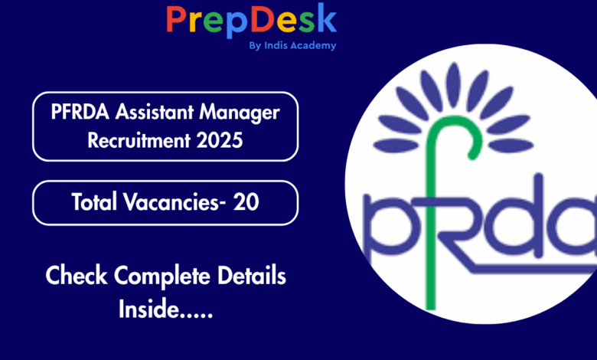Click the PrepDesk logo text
pyautogui.click(x=251, y=20)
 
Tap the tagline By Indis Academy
pyautogui.click(x=293, y=46)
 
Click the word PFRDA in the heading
pyautogui.click(x=80, y=112)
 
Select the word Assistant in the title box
pyautogui.click(x=155, y=112)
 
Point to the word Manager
pyautogui.click(x=240, y=113)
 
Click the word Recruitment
pyautogui.click(x=139, y=140)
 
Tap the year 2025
pyautogui.click(x=220, y=140)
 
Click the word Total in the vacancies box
pyautogui.click(x=94, y=201)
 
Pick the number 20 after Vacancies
pyautogui.click(x=246, y=202)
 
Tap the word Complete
pyautogui.click(x=162, y=277)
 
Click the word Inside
pyautogui.click(x=149, y=308)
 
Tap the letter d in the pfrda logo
pyautogui.click(x=519, y=218)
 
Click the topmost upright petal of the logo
pyautogui.click(x=453, y=84)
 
